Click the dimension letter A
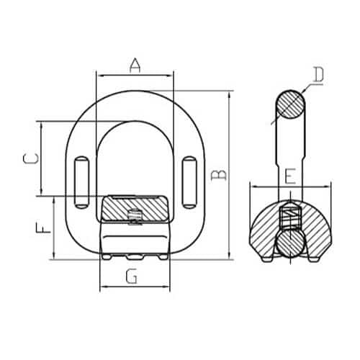click(135, 65)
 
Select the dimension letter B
click(218, 175)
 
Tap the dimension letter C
click(31, 159)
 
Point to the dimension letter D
click(319, 74)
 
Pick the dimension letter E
click(291, 176)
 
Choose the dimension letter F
click(43, 228)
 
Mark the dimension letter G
click(132, 276)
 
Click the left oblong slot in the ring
click(81, 182)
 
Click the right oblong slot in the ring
click(189, 182)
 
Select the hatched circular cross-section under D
click(290, 104)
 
